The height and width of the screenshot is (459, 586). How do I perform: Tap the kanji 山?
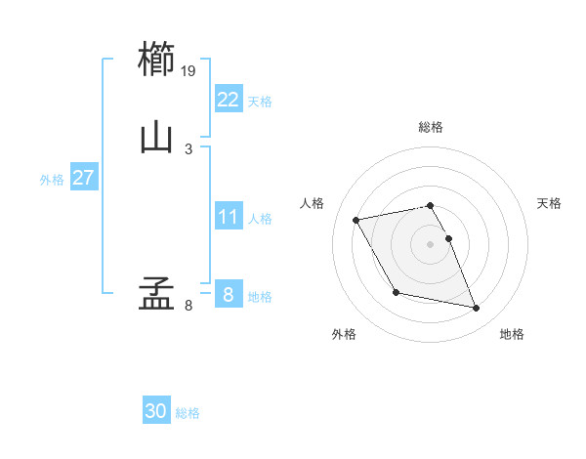click(156, 138)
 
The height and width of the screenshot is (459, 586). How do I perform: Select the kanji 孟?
click(156, 294)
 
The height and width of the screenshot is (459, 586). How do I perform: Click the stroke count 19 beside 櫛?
click(189, 70)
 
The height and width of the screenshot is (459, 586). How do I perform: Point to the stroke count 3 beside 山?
click(188, 148)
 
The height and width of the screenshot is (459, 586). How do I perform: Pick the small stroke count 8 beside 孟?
click(188, 306)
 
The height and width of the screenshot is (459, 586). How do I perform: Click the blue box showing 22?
click(228, 99)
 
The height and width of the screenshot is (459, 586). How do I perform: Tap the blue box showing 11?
click(228, 217)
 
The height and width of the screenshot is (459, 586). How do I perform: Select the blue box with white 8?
click(228, 295)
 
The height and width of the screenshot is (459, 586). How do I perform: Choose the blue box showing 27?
click(83, 178)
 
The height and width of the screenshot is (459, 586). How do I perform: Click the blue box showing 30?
click(156, 412)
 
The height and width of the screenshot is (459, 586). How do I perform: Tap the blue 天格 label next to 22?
click(260, 101)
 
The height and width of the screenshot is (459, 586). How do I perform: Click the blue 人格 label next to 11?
click(260, 219)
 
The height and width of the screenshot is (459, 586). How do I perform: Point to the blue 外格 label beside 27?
click(52, 180)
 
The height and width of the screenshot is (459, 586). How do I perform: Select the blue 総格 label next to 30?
click(188, 414)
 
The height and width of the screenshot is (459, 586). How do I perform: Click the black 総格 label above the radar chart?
click(431, 127)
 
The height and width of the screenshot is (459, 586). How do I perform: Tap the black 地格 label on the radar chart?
click(512, 334)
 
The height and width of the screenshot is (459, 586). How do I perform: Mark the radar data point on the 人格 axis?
click(356, 219)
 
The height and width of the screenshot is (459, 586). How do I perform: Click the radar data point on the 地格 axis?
click(477, 309)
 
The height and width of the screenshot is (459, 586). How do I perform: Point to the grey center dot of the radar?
click(431, 243)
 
